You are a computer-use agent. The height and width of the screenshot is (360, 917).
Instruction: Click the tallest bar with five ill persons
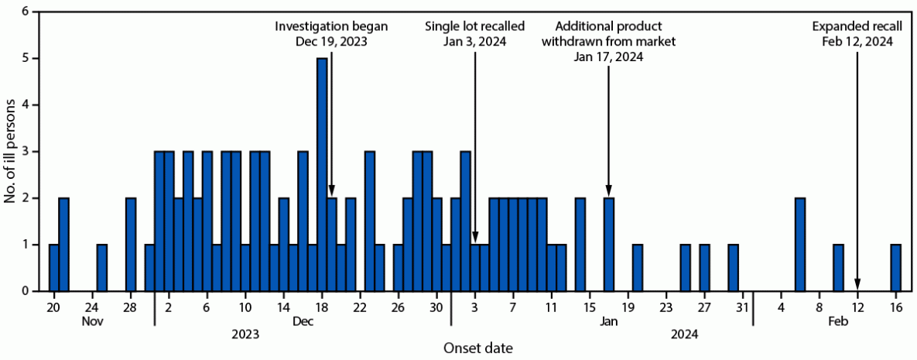coord(322,174)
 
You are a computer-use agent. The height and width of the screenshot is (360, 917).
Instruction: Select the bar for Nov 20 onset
coord(54,267)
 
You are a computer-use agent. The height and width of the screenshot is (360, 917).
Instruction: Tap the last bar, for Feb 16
coord(895,267)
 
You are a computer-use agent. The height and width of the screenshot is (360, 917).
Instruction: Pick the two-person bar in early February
coord(800,244)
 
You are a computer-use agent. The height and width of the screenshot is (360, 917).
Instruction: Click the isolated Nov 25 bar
coord(102,267)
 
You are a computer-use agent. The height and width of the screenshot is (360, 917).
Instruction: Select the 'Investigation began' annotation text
coord(332,26)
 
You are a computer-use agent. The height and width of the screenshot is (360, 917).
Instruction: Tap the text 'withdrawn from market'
coord(608,42)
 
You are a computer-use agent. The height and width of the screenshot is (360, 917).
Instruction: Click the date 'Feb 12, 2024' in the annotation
coord(857,42)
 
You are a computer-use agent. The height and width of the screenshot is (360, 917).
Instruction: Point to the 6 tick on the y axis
coord(26,12)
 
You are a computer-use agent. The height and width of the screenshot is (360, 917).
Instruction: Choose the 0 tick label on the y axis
coord(26,291)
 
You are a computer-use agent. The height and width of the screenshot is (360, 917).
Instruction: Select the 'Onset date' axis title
coord(477,349)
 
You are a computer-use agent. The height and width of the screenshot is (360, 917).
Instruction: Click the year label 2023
coord(245,334)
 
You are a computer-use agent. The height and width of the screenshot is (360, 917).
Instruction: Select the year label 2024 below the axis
coord(684,334)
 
